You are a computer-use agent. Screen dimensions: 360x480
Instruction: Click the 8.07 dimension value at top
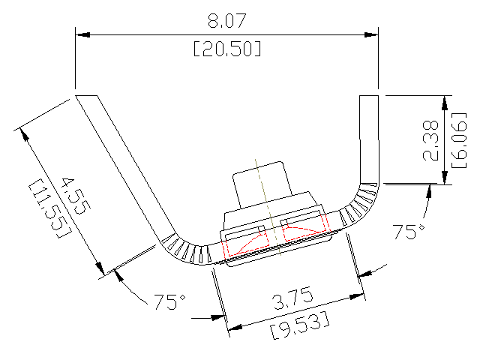pos(227,20)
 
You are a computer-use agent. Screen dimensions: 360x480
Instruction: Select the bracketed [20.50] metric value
pos(227,49)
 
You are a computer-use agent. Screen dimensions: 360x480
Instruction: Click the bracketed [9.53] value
pos(298,328)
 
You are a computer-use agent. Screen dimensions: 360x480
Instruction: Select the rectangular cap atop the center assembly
pos(259,186)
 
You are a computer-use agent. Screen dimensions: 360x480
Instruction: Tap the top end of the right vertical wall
pos(370,97)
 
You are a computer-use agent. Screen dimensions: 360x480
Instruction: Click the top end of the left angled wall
pos(87,97)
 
